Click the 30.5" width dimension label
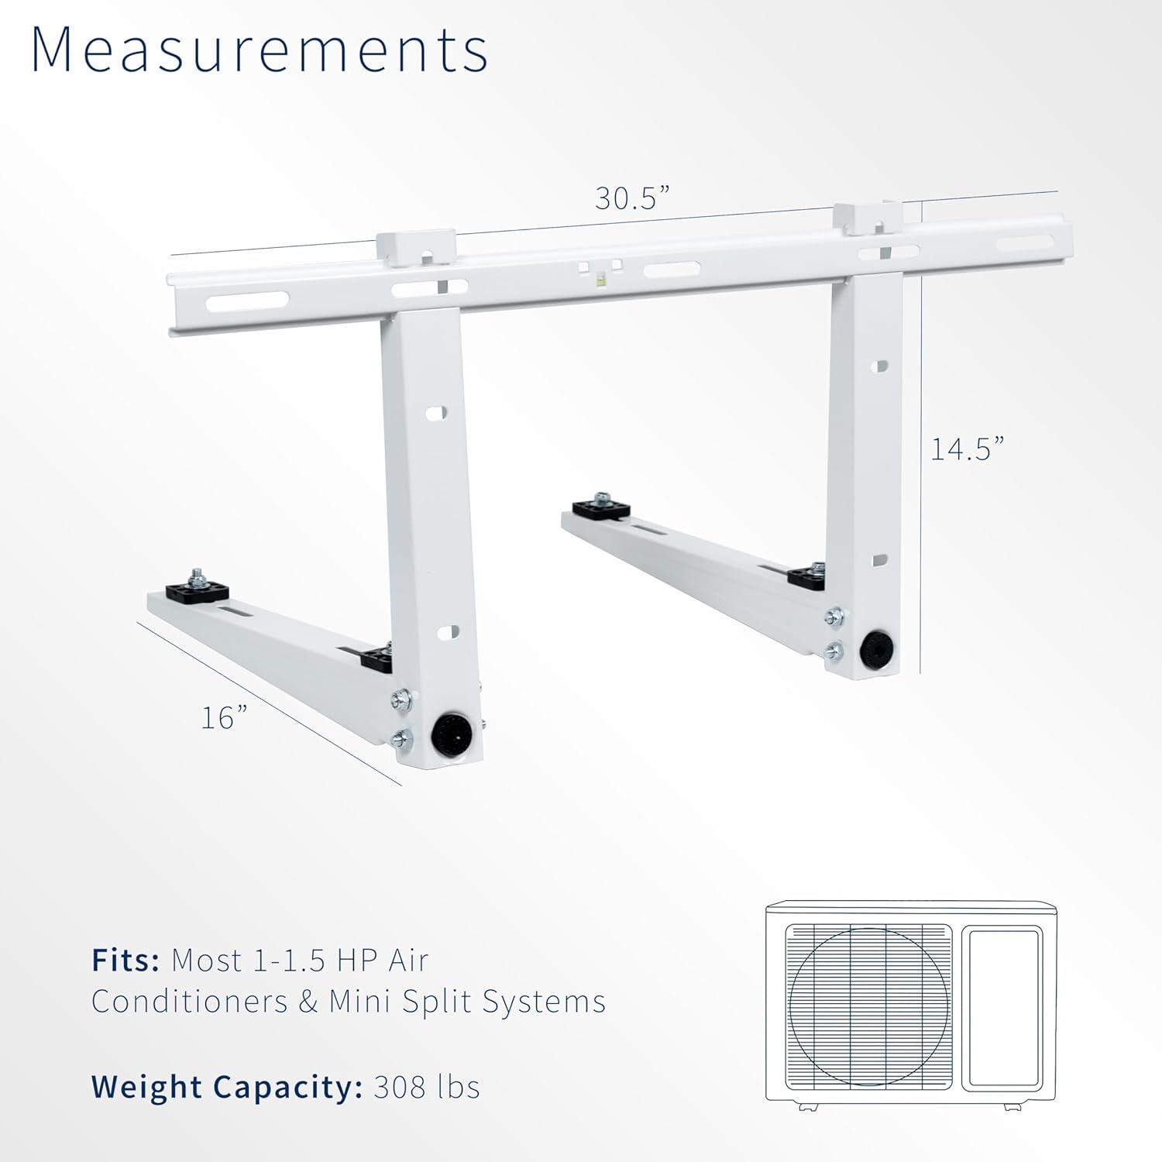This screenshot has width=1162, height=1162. pos(631,198)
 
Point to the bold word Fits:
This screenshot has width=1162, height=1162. pos(125,961)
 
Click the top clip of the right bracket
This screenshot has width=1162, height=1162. pos(867,217)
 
